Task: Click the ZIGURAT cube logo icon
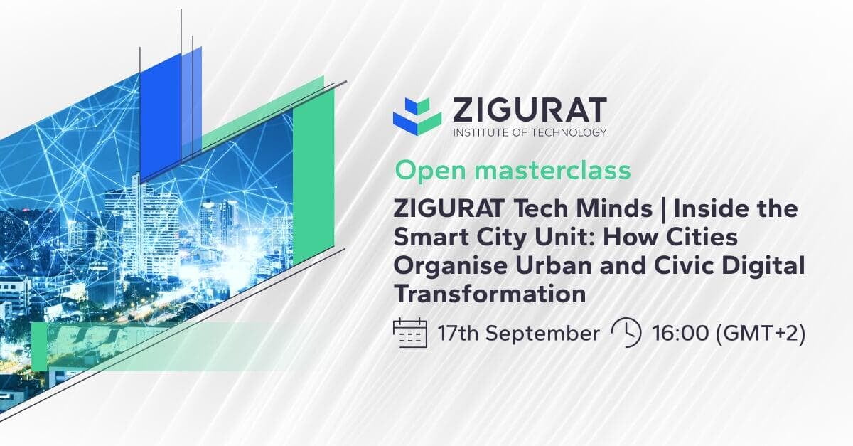(417, 116)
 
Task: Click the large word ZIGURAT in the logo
(530, 110)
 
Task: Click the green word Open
(430, 171)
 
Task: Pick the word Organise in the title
(451, 266)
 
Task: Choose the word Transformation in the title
(490, 294)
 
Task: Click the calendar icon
(409, 333)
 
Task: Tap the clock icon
(626, 333)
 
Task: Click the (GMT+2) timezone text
(761, 334)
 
